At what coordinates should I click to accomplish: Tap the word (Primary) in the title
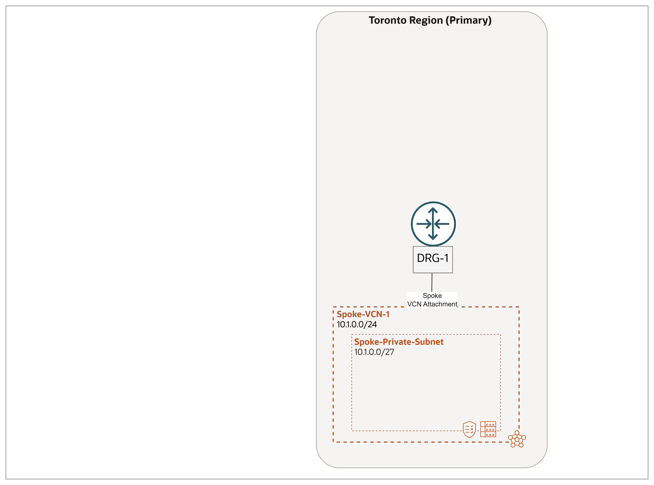(469, 20)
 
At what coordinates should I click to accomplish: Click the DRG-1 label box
(433, 260)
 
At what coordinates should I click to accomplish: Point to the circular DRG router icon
(433, 224)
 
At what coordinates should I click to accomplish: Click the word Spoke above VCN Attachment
(432, 296)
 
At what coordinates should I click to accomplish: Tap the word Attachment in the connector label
(440, 304)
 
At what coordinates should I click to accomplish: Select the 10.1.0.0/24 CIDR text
(357, 324)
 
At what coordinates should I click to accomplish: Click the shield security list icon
(469, 430)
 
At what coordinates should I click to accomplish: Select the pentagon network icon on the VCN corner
(517, 439)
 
